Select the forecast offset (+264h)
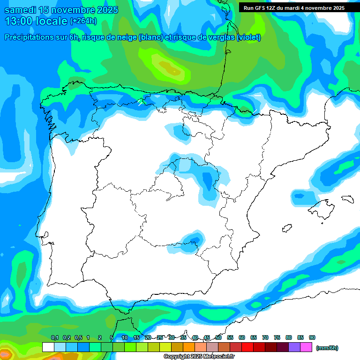(83, 21)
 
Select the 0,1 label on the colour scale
(55, 338)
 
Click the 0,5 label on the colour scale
(78, 338)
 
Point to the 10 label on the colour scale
(124, 338)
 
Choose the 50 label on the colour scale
(218, 338)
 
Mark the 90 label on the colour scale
(312, 338)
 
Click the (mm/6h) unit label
(327, 348)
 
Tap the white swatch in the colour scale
(48, 347)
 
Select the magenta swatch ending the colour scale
(307, 347)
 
